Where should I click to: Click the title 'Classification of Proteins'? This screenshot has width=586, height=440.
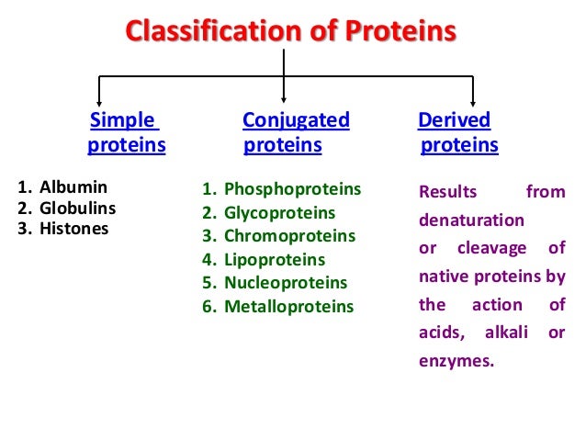pyautogui.click(x=290, y=31)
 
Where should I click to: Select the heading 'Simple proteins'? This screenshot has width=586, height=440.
pyautogui.click(x=126, y=133)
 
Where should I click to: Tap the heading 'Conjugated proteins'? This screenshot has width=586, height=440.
pyautogui.click(x=296, y=133)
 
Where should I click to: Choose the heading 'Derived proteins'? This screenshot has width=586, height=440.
pyautogui.click(x=457, y=133)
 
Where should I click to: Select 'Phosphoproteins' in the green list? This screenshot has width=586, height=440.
pyautogui.click(x=292, y=190)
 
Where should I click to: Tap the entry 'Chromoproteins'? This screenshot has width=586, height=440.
pyautogui.click(x=289, y=236)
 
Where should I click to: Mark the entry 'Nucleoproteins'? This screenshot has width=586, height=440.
pyautogui.click(x=286, y=283)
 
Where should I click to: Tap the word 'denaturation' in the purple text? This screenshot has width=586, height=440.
pyautogui.click(x=471, y=220)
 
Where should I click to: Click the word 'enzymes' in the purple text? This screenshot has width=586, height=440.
pyautogui.click(x=456, y=361)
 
